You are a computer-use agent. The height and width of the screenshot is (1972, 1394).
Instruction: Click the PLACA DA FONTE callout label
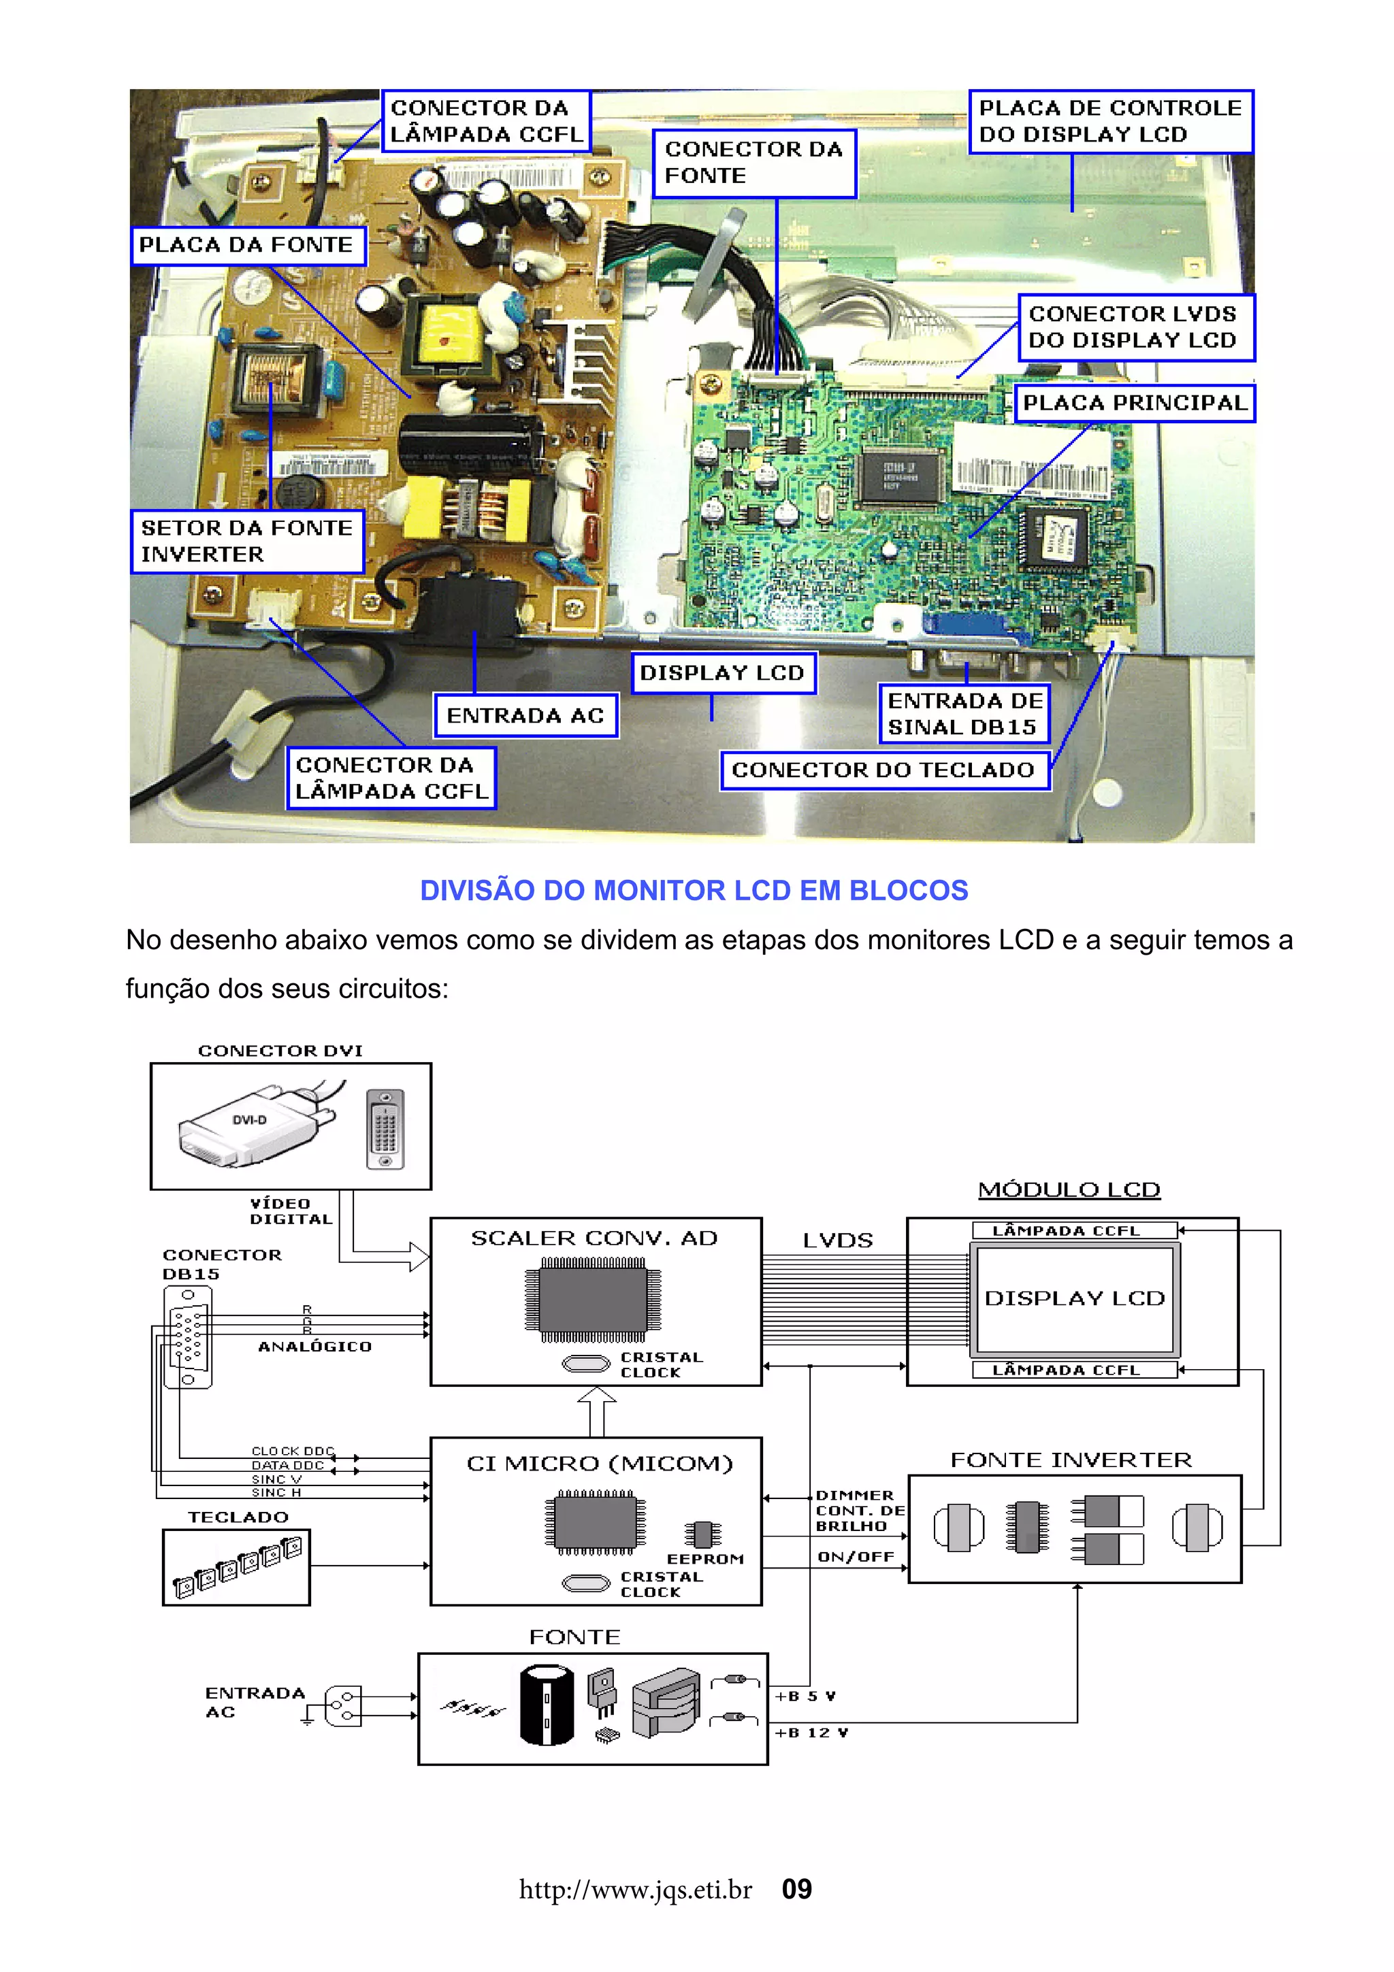[247, 246]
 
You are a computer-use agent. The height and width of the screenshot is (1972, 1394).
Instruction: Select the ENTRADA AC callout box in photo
[525, 715]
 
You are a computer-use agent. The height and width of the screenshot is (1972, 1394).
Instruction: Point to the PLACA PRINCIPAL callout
[1134, 404]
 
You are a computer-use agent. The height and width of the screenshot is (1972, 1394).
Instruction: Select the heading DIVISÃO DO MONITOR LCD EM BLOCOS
[694, 891]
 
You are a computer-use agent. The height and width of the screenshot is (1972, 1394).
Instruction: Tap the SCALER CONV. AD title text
[594, 1238]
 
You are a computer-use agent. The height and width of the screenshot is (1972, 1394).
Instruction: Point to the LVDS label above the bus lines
[837, 1241]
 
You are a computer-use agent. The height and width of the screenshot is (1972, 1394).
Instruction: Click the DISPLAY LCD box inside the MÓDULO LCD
[1075, 1298]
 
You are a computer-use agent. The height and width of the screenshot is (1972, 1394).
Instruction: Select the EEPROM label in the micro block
[705, 1559]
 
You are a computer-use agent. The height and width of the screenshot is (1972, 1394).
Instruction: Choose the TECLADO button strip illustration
[237, 1568]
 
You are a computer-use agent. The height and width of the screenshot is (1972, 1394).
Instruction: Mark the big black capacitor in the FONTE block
[547, 1706]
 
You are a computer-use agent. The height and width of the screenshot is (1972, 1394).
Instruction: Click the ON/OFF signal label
[856, 1557]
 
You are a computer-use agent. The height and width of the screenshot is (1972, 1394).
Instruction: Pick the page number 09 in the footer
[796, 1890]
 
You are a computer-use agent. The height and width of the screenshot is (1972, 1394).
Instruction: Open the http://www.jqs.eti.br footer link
[636, 1890]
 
